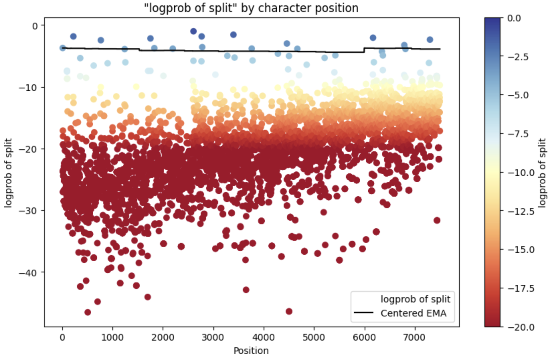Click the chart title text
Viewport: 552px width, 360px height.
pos(251,7)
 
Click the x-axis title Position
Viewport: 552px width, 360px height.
pos(251,351)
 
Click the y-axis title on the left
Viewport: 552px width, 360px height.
pos(8,173)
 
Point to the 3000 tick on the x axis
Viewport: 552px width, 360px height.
pos(213,337)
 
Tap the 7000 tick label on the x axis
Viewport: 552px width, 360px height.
pos(415,337)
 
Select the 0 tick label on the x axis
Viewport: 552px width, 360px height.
pos(63,337)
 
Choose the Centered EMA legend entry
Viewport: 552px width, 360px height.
pos(413,313)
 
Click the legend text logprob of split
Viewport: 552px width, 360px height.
pos(415,299)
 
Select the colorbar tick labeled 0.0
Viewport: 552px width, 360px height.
pos(514,18)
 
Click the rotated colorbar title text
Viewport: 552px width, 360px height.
pos(542,173)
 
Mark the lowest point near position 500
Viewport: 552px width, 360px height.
pos(88,312)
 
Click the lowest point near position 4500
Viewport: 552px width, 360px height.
pos(289,311)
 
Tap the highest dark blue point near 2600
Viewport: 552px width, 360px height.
pos(193,31)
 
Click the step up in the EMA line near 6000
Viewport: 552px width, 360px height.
pos(364,50)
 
